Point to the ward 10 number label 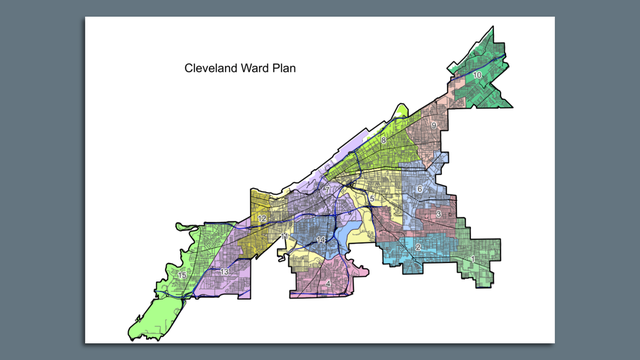[478, 75]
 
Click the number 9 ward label [433, 123]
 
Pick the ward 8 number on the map [383, 141]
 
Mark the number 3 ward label [439, 213]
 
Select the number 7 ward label [326, 188]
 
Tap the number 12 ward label [261, 218]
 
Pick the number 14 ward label [318, 240]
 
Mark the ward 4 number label [328, 283]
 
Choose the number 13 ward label [225, 272]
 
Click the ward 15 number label [182, 275]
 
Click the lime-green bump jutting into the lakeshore [401, 111]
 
